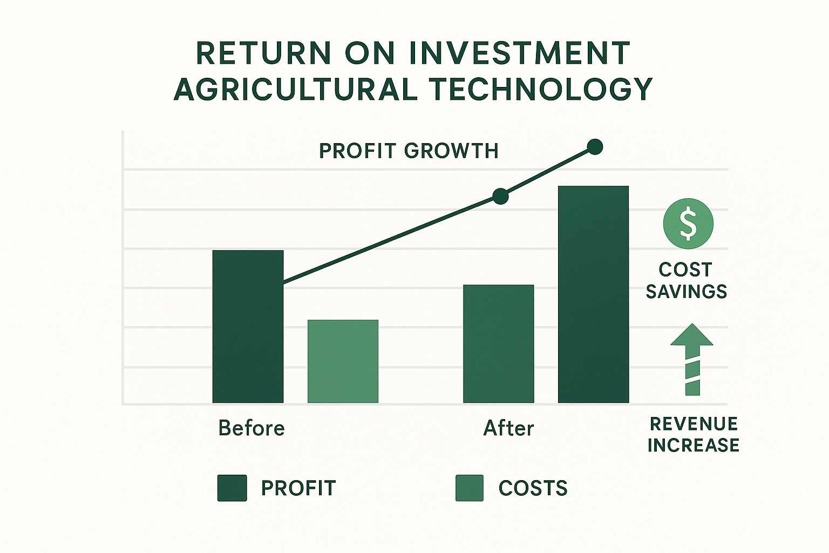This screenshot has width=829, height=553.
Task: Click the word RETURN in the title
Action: (x=263, y=53)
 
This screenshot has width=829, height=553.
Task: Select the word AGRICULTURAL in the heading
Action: (x=296, y=90)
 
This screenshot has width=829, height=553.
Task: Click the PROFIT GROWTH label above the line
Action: (x=409, y=151)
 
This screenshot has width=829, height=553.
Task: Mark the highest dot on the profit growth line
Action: (x=595, y=147)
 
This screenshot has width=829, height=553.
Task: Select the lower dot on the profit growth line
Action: (x=501, y=196)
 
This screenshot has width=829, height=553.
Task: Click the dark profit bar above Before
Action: (x=248, y=326)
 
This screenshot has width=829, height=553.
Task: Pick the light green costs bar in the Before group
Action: (x=343, y=361)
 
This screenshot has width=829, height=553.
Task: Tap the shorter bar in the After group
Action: (x=498, y=343)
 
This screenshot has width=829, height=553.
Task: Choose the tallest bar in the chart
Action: (x=593, y=294)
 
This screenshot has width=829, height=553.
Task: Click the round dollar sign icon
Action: (x=688, y=224)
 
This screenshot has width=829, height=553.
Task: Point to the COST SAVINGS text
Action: (x=686, y=280)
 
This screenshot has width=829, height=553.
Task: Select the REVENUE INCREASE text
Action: (x=693, y=434)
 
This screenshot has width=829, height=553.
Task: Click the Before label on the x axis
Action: (x=252, y=428)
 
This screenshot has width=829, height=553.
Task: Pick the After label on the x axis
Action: (x=508, y=428)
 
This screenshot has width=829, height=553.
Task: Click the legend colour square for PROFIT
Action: (x=232, y=488)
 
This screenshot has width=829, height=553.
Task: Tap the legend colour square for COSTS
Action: (x=470, y=488)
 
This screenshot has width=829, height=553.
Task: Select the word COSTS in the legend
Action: (x=533, y=488)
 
